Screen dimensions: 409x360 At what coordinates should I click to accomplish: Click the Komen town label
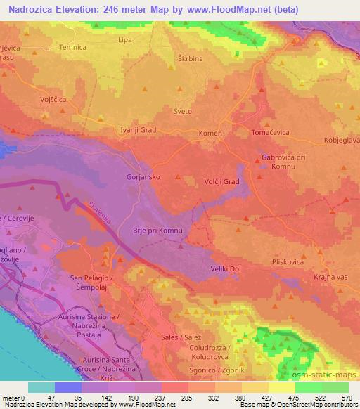tap(210, 134)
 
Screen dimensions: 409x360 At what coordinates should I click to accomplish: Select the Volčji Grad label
tap(222, 182)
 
